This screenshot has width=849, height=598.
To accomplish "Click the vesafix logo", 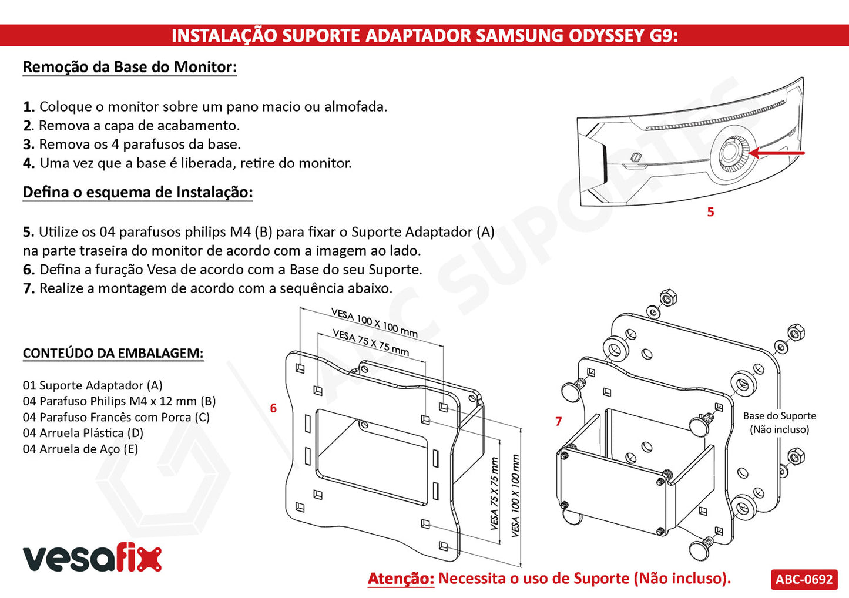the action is (92, 559).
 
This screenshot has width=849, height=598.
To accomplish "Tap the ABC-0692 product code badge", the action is (804, 579).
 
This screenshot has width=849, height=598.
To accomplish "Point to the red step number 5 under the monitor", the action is (710, 212).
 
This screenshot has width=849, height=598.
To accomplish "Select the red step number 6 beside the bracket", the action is (273, 408).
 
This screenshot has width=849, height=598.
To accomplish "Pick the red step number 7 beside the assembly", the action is (558, 421).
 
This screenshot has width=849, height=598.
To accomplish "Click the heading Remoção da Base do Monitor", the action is (130, 67).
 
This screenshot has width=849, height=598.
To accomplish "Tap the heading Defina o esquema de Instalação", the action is (137, 192).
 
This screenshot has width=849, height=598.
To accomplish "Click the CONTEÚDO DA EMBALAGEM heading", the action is (113, 353).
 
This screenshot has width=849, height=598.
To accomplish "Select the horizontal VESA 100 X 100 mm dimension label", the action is (374, 322).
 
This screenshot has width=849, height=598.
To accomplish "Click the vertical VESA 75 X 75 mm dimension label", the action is (494, 493).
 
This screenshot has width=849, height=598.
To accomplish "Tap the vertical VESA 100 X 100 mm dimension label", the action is (515, 496).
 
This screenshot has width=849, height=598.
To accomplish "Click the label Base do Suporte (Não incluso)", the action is (779, 422).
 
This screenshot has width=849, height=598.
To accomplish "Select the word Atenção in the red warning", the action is (401, 578).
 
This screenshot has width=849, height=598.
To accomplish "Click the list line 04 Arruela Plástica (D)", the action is (83, 433).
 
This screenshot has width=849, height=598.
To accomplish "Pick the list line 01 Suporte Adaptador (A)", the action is (92, 385).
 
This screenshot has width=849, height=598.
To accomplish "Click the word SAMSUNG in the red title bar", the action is (519, 36).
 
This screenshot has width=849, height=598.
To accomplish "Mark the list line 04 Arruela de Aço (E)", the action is (80, 449).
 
